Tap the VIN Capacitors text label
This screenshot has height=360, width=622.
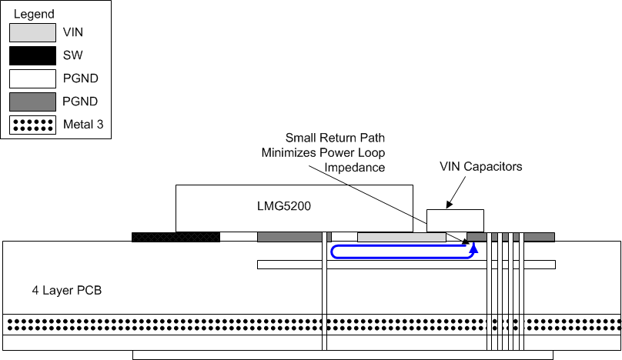click(x=481, y=165)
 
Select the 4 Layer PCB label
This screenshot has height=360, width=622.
click(x=62, y=292)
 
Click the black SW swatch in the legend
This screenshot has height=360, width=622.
click(x=32, y=55)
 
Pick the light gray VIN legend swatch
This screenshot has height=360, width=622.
click(x=32, y=32)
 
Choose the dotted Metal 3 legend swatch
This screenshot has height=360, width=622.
click(x=32, y=125)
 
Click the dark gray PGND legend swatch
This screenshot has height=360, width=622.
click(x=32, y=102)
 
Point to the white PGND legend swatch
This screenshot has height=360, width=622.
click(x=32, y=78)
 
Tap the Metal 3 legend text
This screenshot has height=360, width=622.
click(x=85, y=125)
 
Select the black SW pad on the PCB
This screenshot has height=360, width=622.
click(x=176, y=237)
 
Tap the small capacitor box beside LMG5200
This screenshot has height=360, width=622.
click(x=455, y=220)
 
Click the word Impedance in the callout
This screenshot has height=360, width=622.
click(x=354, y=166)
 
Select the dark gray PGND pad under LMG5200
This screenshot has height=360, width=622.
click(x=289, y=237)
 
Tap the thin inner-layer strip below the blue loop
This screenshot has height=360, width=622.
click(x=406, y=265)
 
